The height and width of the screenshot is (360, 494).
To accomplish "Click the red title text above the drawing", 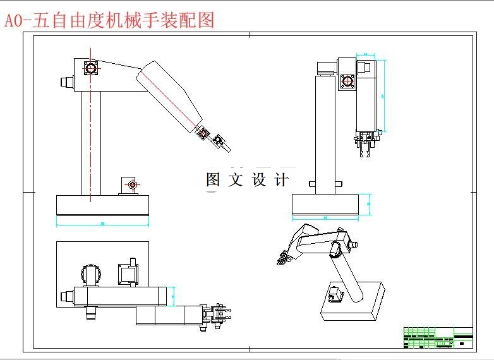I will [x=109, y=20].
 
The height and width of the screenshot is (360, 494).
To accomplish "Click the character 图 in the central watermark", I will [x=213, y=180].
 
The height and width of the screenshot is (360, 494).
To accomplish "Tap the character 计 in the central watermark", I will [x=282, y=180].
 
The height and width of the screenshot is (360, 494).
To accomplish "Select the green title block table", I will [x=438, y=337].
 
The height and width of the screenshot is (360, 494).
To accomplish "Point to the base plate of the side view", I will [x=103, y=205].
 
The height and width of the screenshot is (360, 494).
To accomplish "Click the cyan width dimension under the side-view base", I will [x=103, y=222].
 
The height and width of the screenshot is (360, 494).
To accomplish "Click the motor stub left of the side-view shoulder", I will [x=65, y=81].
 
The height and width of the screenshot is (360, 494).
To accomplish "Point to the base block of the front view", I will [x=325, y=205].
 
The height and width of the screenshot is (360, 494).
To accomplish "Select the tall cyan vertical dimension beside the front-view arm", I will [x=383, y=95].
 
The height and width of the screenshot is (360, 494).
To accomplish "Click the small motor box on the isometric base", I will [x=335, y=294].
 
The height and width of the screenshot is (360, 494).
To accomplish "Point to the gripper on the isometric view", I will [x=282, y=258].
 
